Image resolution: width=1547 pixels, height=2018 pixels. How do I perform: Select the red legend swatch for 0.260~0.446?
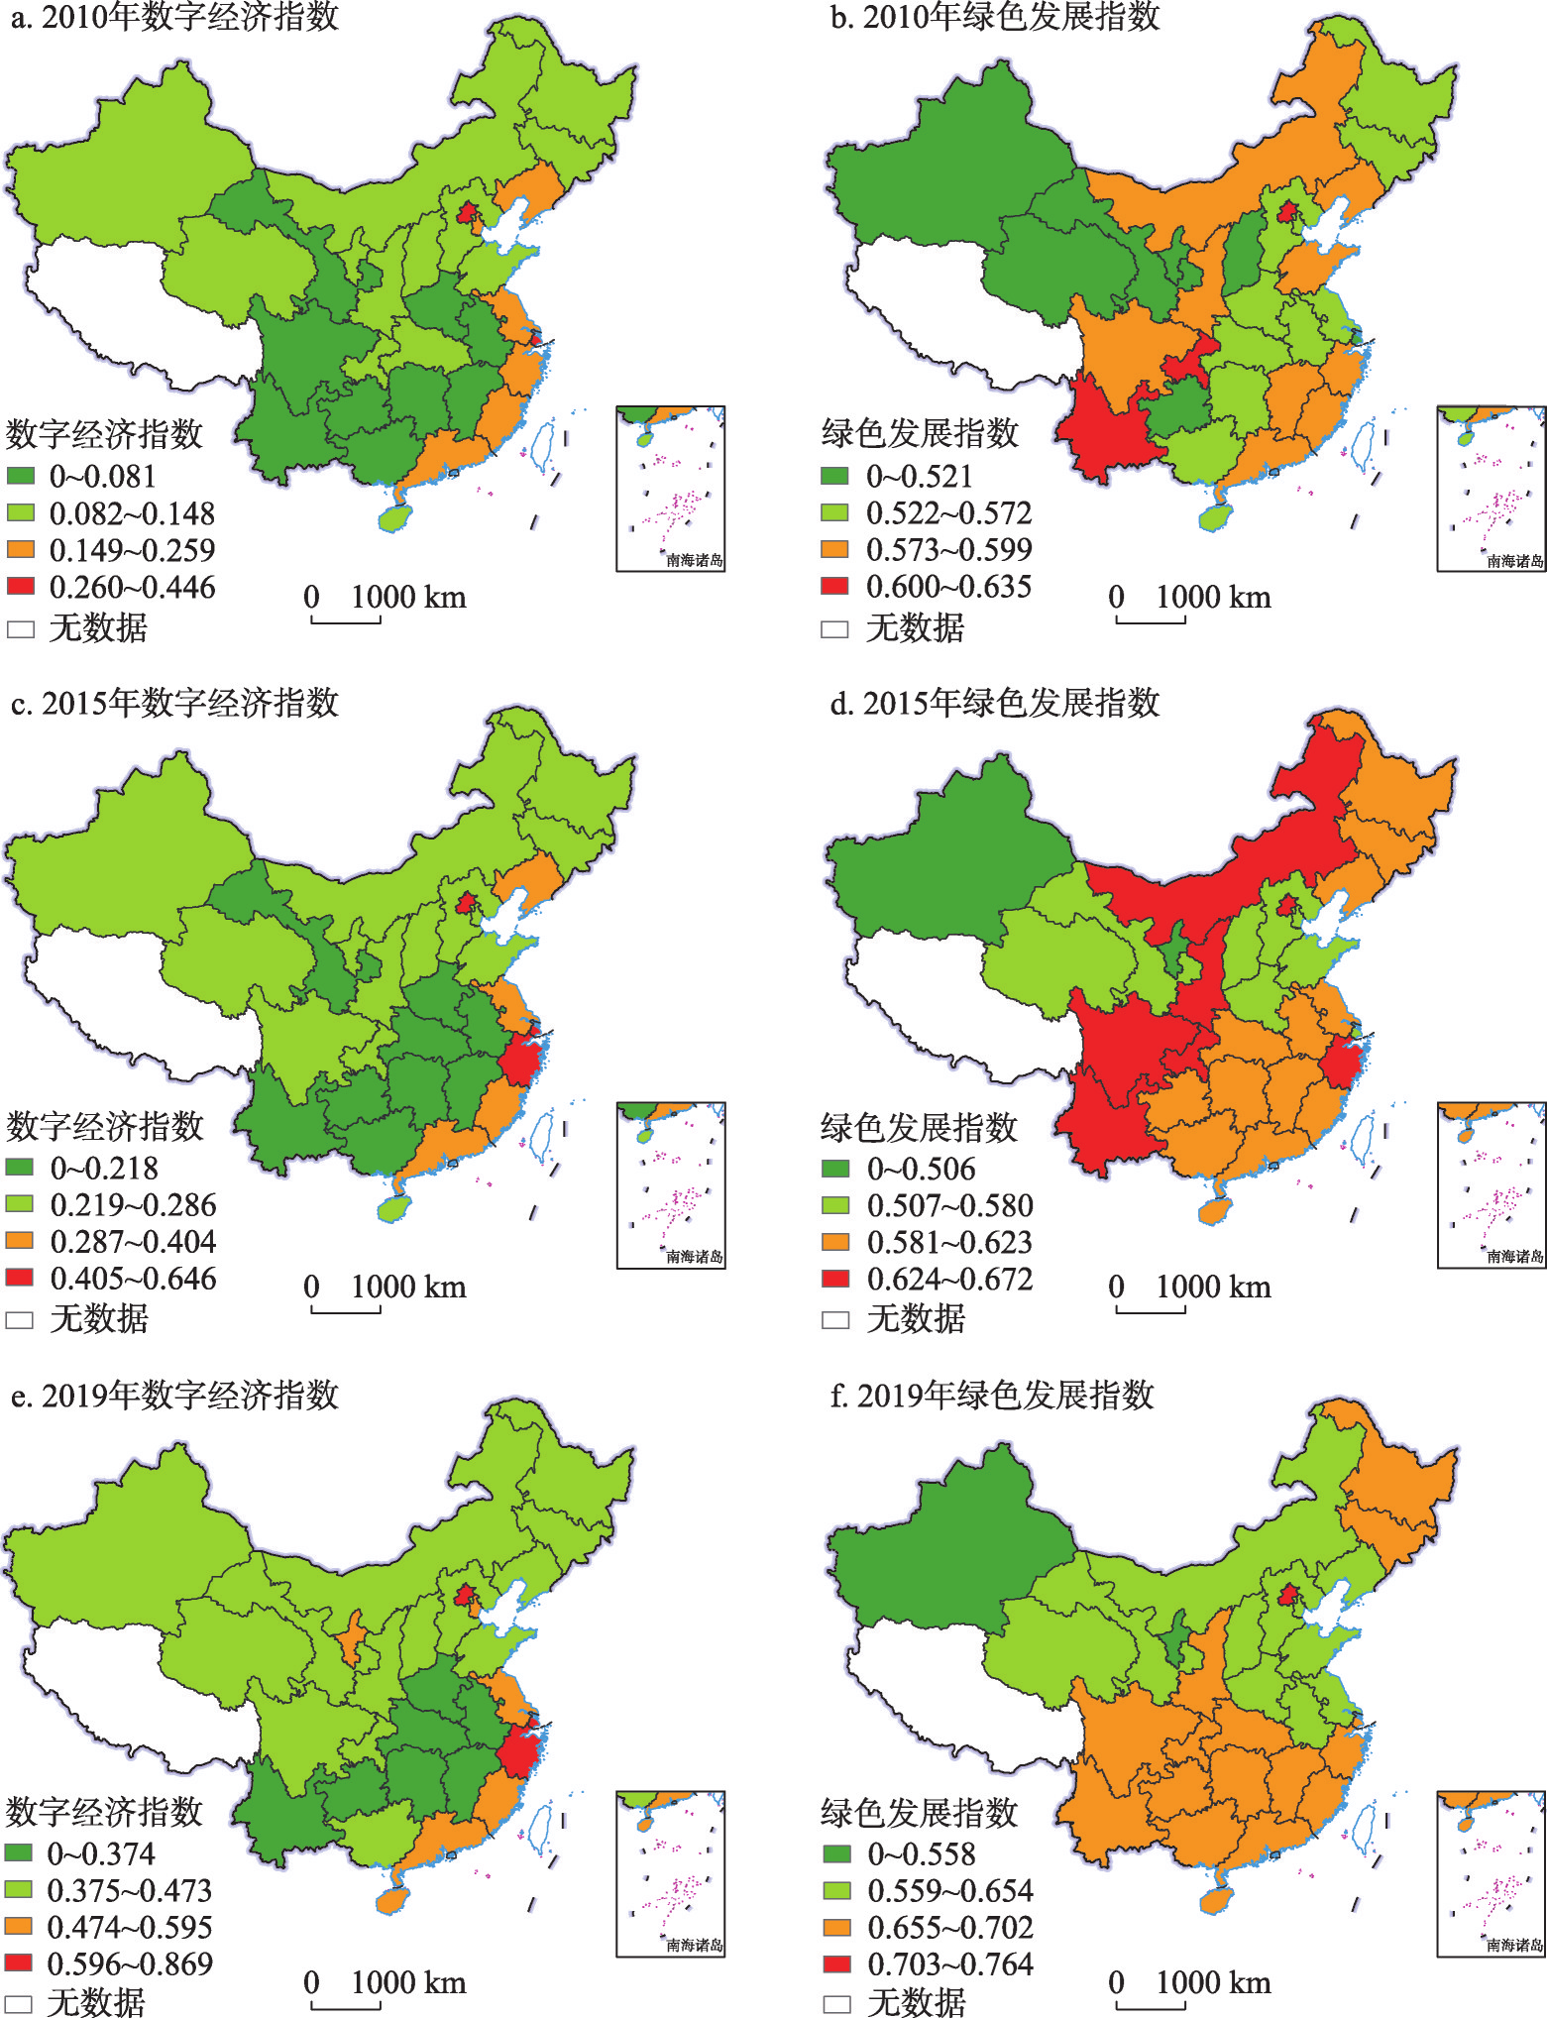(x=21, y=586)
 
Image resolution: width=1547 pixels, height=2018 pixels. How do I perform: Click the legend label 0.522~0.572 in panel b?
(x=948, y=512)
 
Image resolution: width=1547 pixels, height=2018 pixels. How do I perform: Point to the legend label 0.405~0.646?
(x=133, y=1278)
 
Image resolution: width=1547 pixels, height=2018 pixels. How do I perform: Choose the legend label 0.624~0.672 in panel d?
(x=949, y=1279)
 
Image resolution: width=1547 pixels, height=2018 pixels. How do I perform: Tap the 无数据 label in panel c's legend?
(x=98, y=1318)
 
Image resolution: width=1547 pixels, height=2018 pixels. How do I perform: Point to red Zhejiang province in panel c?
(x=518, y=1059)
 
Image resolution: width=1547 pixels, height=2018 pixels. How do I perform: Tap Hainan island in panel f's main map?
(x=1214, y=1900)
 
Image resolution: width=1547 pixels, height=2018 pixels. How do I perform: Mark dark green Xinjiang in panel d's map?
(x=951, y=852)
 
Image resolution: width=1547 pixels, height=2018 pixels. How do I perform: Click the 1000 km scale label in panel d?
(x=1213, y=1287)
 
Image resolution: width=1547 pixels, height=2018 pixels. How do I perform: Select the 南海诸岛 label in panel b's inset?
(x=1514, y=560)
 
